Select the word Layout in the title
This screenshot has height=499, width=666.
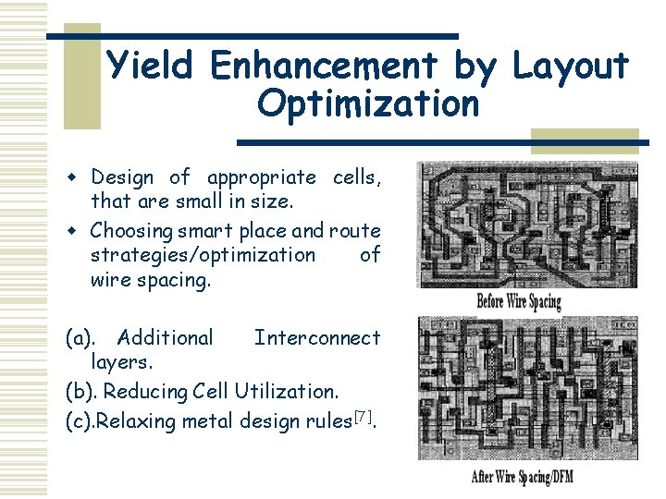coord(570,66)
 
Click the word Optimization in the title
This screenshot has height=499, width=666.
coord(368,103)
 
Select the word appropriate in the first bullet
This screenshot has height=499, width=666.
coord(261,177)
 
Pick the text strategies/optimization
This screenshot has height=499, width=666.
coord(203,254)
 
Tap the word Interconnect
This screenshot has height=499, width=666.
coord(316,337)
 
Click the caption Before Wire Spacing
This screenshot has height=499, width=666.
coord(519,300)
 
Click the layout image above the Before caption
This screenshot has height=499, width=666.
coord(527,225)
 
